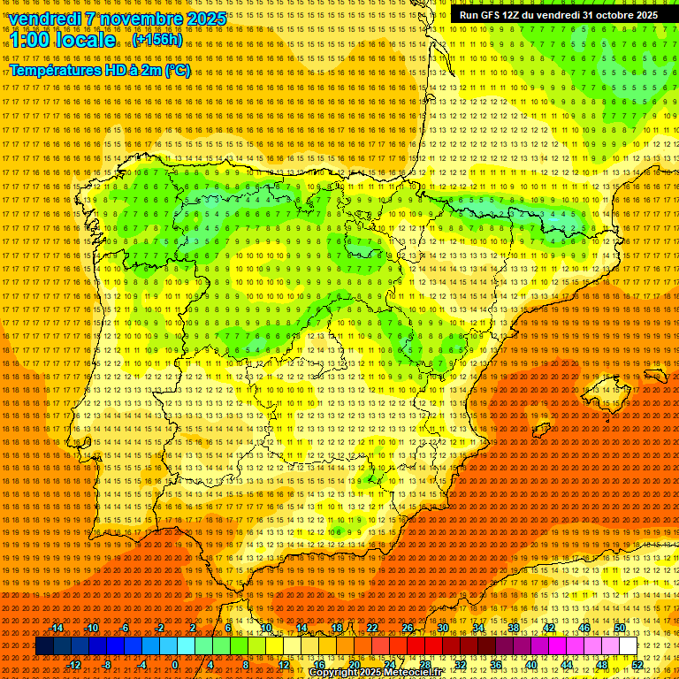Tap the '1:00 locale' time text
click(63, 40)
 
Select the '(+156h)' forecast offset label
click(157, 40)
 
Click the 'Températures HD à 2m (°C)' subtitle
click(100, 70)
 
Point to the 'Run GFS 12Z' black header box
click(558, 15)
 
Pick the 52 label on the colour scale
click(637, 665)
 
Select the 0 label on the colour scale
click(175, 665)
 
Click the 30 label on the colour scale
click(443, 628)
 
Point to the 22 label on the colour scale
click(372, 628)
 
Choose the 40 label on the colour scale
click(531, 665)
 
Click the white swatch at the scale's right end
click(629, 646)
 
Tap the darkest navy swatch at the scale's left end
click(44, 646)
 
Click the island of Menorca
click(655, 376)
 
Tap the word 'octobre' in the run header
click(616, 15)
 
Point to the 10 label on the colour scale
click(266, 628)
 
